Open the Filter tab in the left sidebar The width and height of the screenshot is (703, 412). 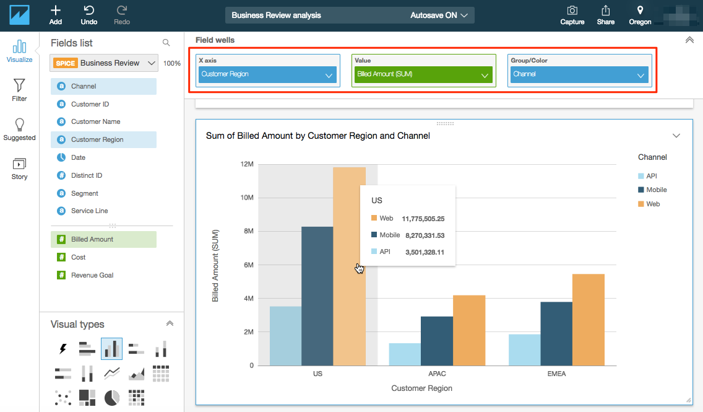(19, 89)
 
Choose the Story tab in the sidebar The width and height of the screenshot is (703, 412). (19, 168)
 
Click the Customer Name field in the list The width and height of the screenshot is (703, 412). (95, 121)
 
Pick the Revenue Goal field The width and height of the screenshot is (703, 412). (92, 275)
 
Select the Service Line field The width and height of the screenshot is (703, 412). (89, 211)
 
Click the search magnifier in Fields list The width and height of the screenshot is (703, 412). (166, 43)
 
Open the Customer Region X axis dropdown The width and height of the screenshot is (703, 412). (267, 74)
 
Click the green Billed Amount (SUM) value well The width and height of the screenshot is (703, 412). (423, 74)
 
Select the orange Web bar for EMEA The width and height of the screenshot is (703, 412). (588, 320)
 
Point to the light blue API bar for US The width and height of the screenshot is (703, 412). (285, 336)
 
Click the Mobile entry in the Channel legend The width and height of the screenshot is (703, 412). (656, 190)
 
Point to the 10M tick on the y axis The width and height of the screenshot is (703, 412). (246, 198)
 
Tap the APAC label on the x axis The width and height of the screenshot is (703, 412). (437, 374)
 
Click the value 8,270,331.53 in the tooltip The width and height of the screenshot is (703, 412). (425, 235)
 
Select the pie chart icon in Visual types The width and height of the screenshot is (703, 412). (112, 397)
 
